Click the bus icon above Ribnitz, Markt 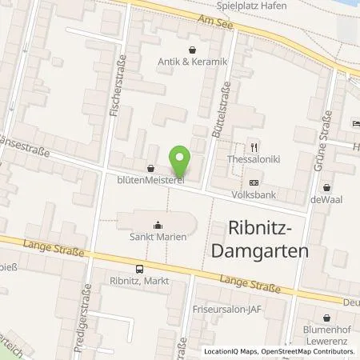[140, 270]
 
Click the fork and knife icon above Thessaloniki [254, 146]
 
